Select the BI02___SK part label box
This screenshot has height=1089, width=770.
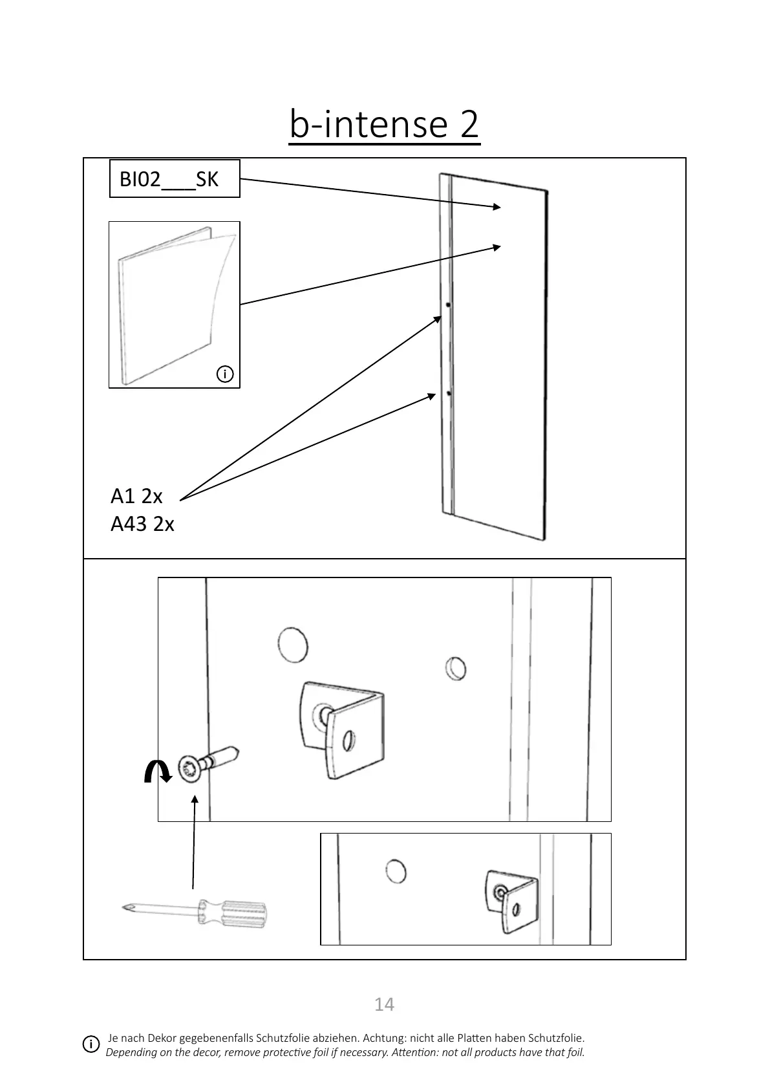175,178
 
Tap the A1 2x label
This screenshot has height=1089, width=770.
136,496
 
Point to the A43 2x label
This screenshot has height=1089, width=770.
142,523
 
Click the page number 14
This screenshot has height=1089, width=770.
384,1004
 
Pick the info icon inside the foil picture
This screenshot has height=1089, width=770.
225,374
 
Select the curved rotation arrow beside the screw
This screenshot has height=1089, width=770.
157,771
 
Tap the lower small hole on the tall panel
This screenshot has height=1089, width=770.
448,393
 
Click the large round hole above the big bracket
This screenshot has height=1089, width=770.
292,645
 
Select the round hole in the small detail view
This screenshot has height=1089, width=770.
396,871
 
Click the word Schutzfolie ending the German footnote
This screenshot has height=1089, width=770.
556,1038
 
